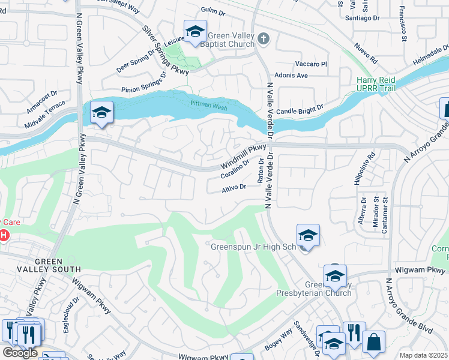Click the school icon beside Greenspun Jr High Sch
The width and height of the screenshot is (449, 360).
click(x=308, y=235)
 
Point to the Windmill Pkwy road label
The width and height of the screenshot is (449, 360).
click(x=243, y=155)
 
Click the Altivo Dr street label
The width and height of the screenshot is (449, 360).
click(x=234, y=187)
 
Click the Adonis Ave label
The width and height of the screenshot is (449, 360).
click(x=291, y=76)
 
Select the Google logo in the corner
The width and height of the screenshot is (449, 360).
click(x=20, y=352)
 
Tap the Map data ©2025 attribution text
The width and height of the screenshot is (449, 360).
click(x=423, y=355)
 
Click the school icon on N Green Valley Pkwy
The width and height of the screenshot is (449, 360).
click(x=101, y=112)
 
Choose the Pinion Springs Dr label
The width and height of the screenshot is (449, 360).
click(x=144, y=83)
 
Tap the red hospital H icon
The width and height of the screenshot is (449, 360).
click(x=4, y=235)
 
